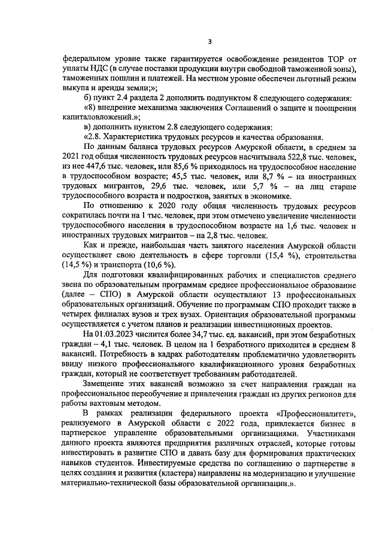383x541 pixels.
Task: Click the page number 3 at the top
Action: [x=209, y=41]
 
